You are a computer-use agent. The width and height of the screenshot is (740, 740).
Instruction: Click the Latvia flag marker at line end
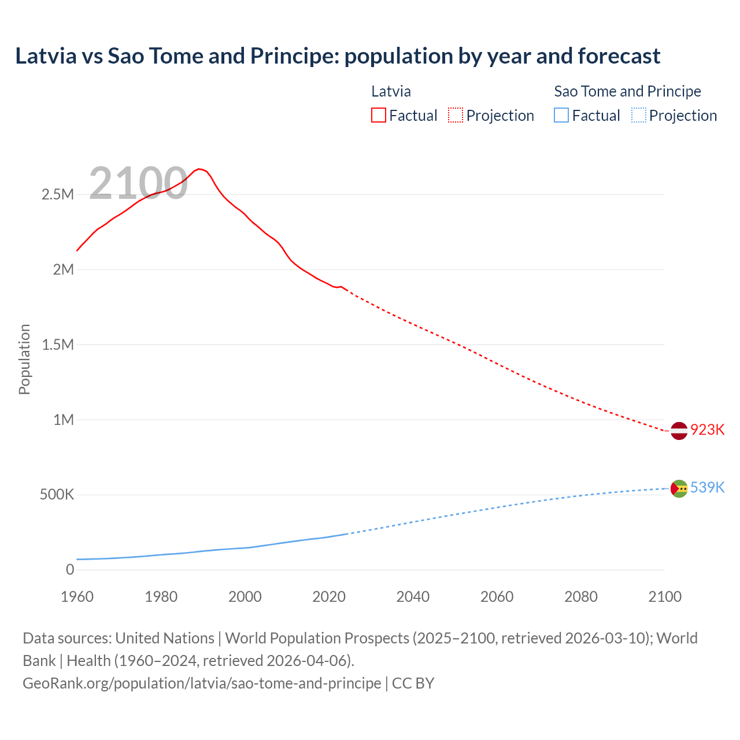click(x=679, y=431)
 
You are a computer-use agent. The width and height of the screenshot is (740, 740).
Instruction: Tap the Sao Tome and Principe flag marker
click(x=679, y=489)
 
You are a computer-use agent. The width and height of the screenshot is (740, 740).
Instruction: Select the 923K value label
click(x=708, y=430)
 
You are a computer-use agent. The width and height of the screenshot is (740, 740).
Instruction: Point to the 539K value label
click(x=708, y=488)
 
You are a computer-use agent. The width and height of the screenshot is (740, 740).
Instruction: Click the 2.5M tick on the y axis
click(x=58, y=195)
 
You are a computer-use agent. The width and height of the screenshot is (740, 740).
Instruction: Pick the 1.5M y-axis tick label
click(x=58, y=345)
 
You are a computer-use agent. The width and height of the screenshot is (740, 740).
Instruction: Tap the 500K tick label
click(x=57, y=495)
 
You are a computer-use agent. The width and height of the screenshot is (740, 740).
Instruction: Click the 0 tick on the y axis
click(x=70, y=570)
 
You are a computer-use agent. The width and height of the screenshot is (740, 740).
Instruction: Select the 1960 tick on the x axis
click(x=77, y=597)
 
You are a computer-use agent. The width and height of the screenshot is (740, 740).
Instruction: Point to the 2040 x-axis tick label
click(x=413, y=597)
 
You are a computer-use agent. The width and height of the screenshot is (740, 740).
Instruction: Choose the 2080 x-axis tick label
click(x=580, y=597)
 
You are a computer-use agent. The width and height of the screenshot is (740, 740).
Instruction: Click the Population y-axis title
click(x=24, y=360)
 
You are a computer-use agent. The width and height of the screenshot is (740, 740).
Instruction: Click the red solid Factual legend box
click(x=379, y=116)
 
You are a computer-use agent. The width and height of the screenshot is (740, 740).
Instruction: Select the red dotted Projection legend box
click(x=456, y=116)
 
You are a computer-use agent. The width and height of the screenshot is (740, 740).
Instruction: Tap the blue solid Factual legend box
click(x=561, y=116)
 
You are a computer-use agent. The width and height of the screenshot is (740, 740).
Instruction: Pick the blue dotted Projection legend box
click(x=638, y=116)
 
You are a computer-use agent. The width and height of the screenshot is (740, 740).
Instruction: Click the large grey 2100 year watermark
click(x=138, y=183)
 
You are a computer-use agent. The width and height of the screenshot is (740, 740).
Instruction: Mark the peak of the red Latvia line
click(x=199, y=169)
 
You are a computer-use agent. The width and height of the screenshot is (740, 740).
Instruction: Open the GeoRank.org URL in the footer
click(x=202, y=683)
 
